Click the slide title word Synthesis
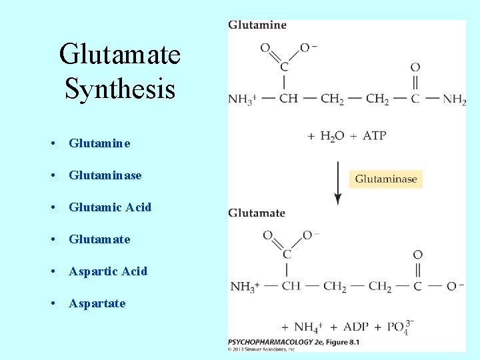click(x=120, y=88)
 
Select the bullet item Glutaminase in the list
click(x=105, y=175)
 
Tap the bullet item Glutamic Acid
click(x=110, y=207)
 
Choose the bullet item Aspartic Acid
click(x=108, y=271)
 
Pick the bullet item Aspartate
click(x=97, y=303)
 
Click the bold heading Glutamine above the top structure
click(x=257, y=25)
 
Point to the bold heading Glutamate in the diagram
click(x=257, y=213)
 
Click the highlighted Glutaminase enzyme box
click(x=386, y=179)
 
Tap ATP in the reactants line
click(x=374, y=135)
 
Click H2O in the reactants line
click(x=332, y=136)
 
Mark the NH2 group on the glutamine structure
click(x=454, y=100)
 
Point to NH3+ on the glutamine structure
click(x=242, y=100)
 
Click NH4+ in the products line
click(x=308, y=327)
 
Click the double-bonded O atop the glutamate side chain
click(x=417, y=255)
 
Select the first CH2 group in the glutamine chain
click(x=332, y=99)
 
